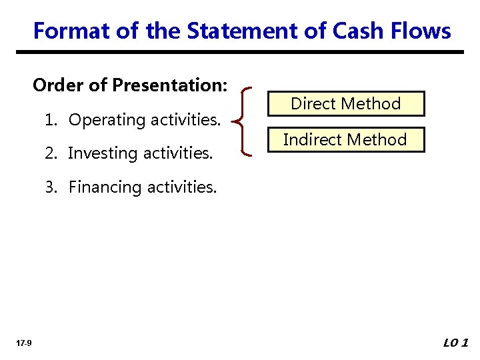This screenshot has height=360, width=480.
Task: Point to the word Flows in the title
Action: (421, 31)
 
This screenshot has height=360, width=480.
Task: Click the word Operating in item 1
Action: (107, 120)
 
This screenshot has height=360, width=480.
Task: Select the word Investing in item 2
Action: (101, 154)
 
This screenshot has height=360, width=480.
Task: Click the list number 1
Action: (49, 120)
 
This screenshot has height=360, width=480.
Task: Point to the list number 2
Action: (50, 153)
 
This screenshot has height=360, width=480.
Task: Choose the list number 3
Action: (50, 187)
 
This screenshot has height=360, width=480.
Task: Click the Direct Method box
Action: (345, 103)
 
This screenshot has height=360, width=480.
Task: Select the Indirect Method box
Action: (345, 139)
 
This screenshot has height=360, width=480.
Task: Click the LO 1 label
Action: (456, 343)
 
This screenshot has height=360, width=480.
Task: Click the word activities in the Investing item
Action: (181, 154)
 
